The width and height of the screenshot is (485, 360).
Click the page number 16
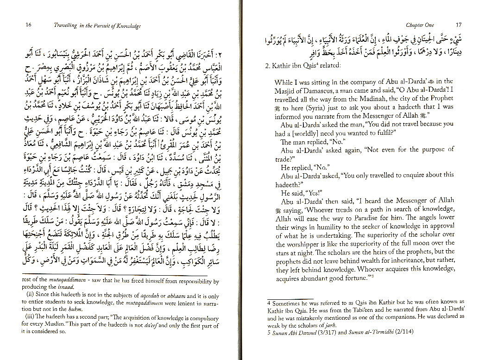point(28,25)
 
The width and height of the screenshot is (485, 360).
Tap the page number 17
point(458,25)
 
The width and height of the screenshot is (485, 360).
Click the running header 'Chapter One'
point(420,25)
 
